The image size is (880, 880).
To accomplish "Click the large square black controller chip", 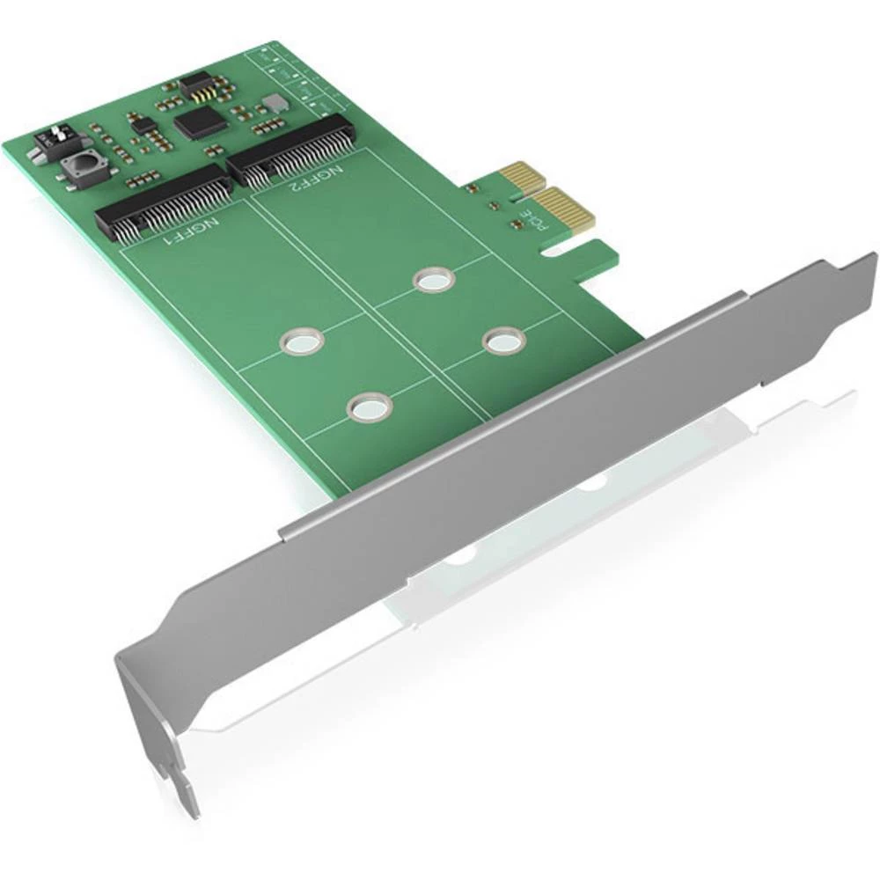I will [x=201, y=122].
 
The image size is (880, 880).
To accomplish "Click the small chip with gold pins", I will [x=198, y=85].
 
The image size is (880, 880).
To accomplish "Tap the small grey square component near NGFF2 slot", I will [x=275, y=103].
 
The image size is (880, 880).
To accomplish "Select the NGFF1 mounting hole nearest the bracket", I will [x=369, y=407].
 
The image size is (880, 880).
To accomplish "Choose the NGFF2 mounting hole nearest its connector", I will [x=431, y=280].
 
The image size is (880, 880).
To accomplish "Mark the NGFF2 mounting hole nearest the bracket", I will [x=502, y=340].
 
